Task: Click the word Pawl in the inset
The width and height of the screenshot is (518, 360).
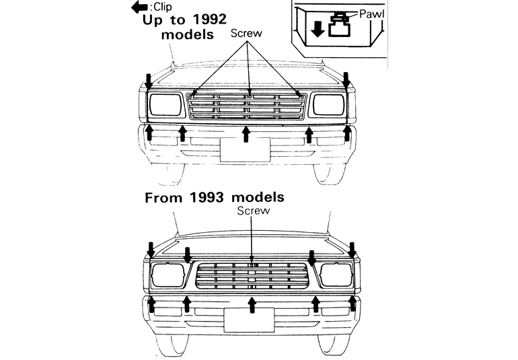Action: click(371, 14)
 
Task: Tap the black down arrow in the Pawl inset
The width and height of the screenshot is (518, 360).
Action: click(318, 30)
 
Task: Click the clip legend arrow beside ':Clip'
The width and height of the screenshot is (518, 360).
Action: click(139, 7)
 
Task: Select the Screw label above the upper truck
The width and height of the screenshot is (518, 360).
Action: click(246, 33)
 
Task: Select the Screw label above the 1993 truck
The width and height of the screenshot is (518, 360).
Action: click(254, 211)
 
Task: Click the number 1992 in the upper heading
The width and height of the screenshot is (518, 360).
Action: click(209, 20)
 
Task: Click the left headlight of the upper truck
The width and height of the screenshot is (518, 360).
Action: click(165, 104)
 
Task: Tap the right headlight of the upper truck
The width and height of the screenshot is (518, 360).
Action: click(329, 104)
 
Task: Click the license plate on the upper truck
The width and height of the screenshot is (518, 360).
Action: click(245, 149)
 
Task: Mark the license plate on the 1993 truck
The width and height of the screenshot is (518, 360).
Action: click(249, 320)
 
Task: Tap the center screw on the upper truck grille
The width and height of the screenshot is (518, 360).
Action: click(250, 96)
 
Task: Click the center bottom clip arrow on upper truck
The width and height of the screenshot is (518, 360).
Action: click(246, 135)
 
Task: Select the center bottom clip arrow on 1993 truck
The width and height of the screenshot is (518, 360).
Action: click(252, 305)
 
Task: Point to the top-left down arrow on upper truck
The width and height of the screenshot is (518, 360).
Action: click(149, 81)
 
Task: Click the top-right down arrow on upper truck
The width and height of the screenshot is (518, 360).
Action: click(346, 81)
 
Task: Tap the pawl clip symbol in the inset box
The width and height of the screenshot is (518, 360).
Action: click(339, 24)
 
